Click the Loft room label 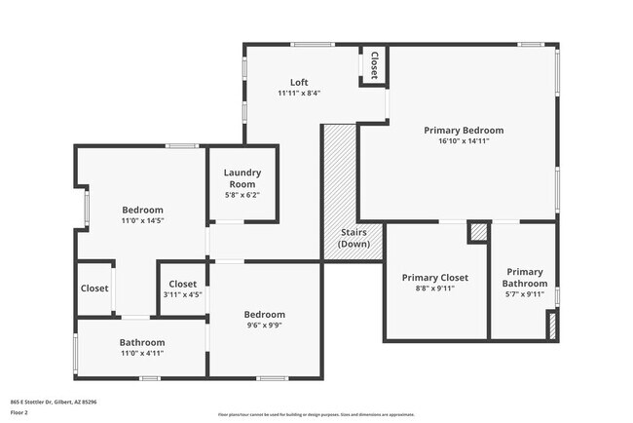coord(299,82)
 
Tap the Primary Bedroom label coord(464,130)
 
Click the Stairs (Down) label coord(353,238)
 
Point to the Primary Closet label coord(435,277)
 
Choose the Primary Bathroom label coord(524,277)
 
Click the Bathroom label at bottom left coord(142,343)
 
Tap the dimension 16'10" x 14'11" coord(464,141)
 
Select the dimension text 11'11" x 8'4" coord(299,94)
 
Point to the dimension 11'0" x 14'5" coord(142,221)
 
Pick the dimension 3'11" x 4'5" coord(183,295)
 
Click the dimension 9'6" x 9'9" coord(264,327)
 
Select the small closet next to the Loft coord(372,65)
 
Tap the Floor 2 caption coord(20,413)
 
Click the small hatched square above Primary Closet coord(478,232)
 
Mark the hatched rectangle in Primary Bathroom coord(553,326)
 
